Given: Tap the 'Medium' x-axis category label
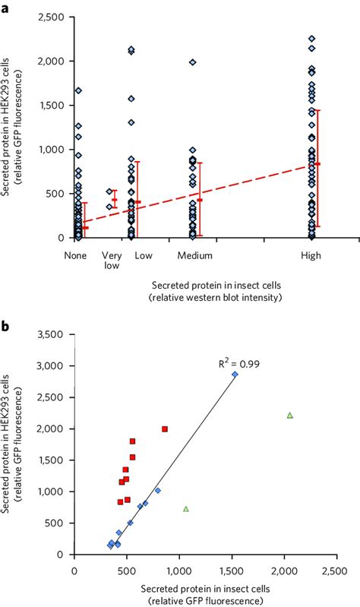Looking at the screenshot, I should pos(194,256).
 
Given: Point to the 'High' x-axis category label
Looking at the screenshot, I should pos(311,256).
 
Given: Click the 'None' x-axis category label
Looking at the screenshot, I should pos(77,256).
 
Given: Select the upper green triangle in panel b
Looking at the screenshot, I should pos(290,415).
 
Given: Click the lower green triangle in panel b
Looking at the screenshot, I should pos(186,508).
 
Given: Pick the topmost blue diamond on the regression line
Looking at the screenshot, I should pos(235,375).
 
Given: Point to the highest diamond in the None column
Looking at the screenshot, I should pos(78,90).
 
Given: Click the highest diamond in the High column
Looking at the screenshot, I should pos(311,38).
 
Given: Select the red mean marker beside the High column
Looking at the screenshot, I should pos(318,164).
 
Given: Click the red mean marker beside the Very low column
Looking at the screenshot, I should pos(115,200).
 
